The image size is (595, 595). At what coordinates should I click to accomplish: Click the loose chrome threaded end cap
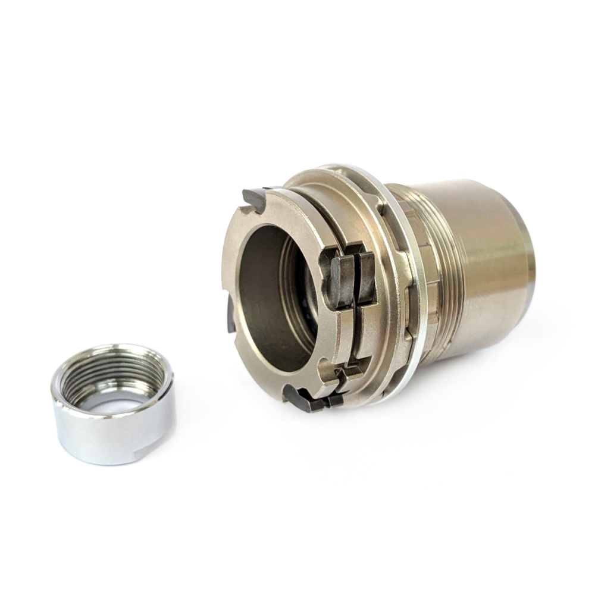point(113,405)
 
